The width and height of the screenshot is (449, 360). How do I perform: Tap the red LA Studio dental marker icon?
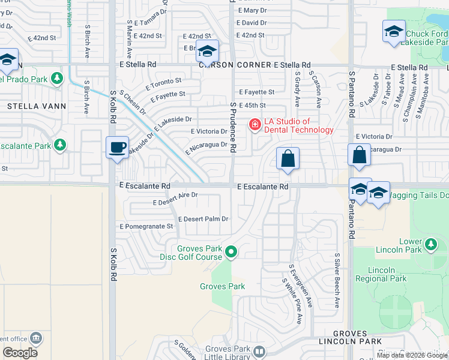click(x=255, y=125)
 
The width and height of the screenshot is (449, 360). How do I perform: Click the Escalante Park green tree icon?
click(x=59, y=145)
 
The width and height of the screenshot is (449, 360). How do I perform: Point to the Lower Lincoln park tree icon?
click(x=430, y=245)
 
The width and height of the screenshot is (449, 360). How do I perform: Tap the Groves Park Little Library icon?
click(x=259, y=352)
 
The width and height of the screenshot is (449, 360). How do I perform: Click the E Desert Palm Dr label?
click(x=203, y=219)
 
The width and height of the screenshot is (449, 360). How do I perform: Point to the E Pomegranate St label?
click(x=146, y=226)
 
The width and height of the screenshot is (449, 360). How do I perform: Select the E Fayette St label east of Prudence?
click(x=256, y=92)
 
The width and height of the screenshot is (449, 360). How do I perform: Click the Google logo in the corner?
click(x=20, y=353)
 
